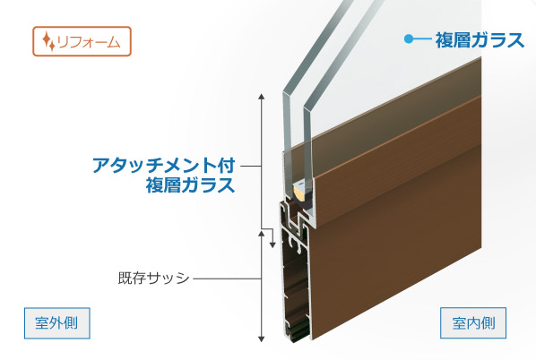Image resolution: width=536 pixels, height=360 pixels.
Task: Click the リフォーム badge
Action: (x=82, y=41)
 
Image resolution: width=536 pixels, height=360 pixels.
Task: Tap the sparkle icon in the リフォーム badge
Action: (x=48, y=41)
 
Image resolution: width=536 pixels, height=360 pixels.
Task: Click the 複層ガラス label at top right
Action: (x=480, y=40)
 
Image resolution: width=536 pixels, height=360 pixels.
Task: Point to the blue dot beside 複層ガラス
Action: (x=409, y=39)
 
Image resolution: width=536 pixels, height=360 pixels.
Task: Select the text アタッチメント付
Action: (x=163, y=166)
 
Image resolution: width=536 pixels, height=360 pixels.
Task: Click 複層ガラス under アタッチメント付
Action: (x=190, y=185)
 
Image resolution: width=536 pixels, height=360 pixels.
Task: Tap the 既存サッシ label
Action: (x=154, y=278)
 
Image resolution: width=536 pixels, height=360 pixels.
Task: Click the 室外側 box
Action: (x=57, y=323)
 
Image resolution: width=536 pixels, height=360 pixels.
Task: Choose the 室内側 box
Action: (x=473, y=323)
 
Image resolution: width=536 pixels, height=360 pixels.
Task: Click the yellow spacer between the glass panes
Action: (x=299, y=193)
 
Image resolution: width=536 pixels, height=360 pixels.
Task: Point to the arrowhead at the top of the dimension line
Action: (x=262, y=97)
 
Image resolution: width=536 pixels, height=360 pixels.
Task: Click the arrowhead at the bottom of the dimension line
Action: (x=262, y=339)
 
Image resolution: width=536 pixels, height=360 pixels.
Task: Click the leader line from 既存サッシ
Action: (x=228, y=279)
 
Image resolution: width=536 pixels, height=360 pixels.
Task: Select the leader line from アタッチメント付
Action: (x=251, y=167)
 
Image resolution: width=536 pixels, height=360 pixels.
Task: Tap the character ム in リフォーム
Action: (x=113, y=42)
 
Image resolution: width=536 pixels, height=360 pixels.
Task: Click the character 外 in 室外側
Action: (x=57, y=323)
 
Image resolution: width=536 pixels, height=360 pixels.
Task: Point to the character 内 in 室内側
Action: (x=473, y=323)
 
